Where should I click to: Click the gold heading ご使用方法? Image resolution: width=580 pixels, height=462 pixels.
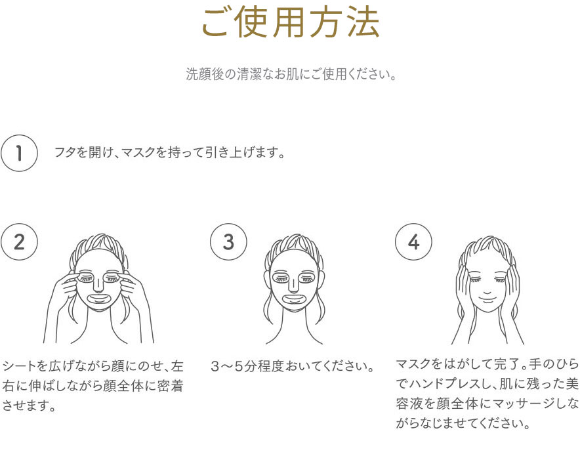tap(291, 23)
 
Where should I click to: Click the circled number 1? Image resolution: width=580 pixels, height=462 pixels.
tap(19, 153)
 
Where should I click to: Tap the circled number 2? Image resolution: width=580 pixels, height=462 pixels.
tap(19, 242)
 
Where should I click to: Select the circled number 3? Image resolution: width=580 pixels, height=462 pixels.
tap(228, 242)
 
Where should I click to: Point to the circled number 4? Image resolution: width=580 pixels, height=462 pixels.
tap(413, 242)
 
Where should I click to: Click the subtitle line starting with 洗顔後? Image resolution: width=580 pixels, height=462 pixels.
tap(291, 74)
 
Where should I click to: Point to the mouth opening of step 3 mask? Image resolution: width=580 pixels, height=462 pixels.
tap(293, 298)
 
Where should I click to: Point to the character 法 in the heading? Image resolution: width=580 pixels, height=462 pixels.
tap(363, 23)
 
